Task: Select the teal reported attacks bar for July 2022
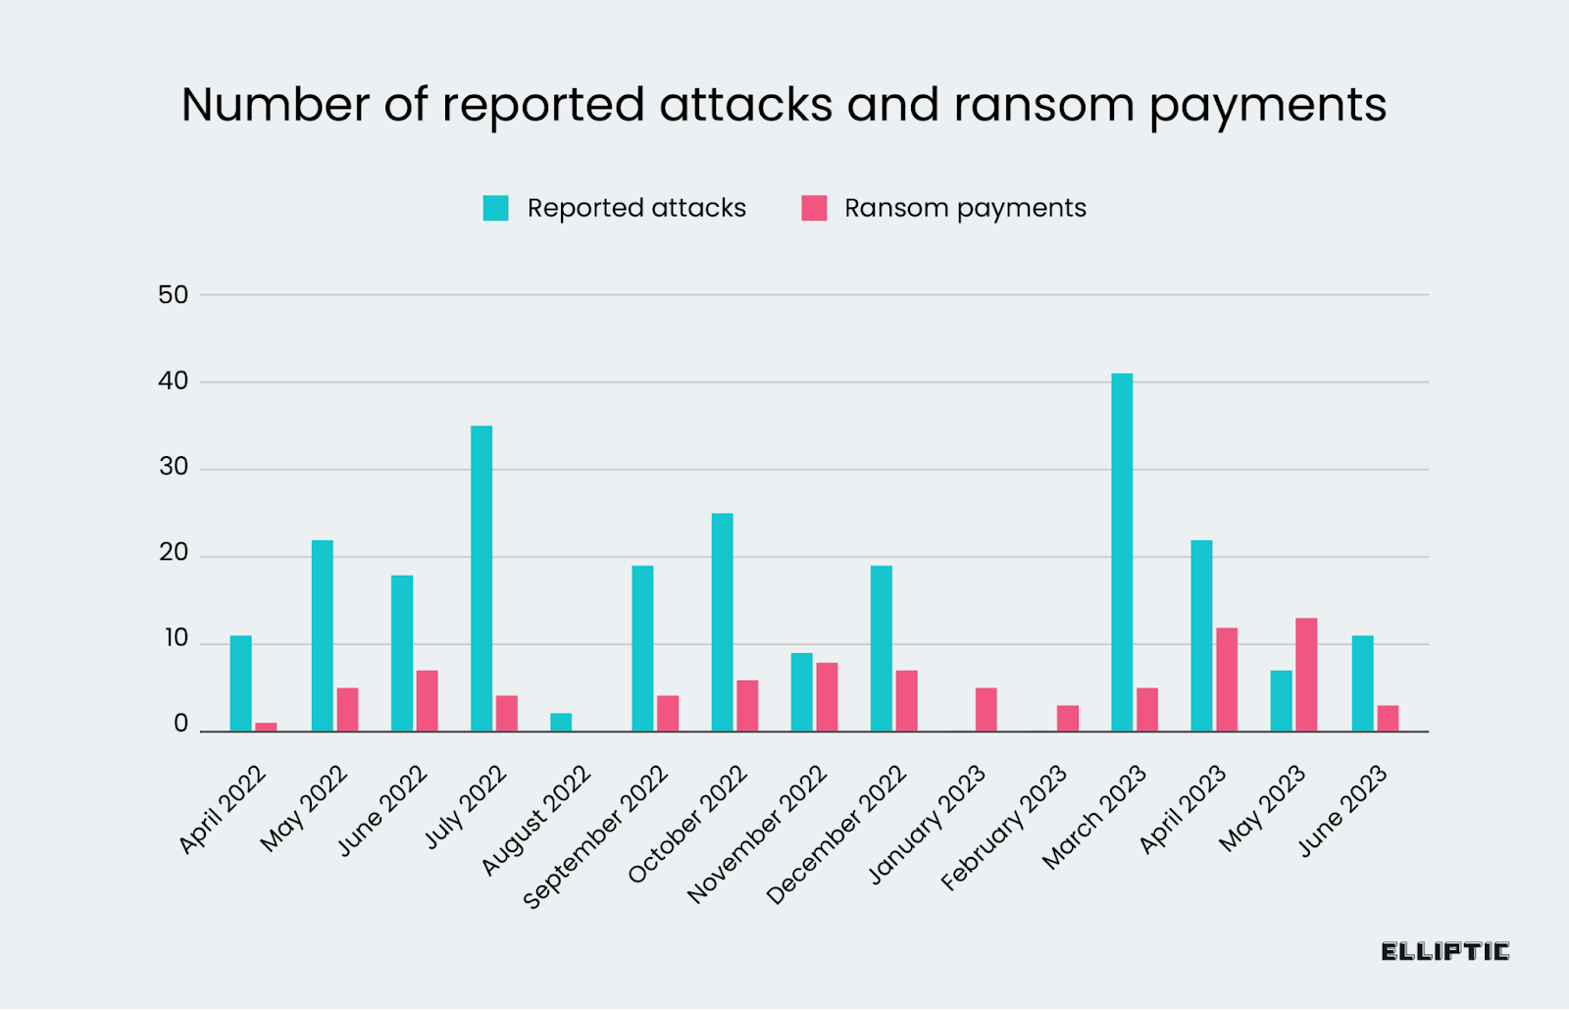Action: pos(481,579)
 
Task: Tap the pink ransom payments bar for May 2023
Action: pos(1306,675)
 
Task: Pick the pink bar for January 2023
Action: pos(987,710)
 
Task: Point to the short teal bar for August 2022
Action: pos(561,723)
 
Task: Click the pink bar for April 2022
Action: pos(266,728)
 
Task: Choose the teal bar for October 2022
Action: pos(722,623)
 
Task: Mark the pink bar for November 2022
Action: pos(827,697)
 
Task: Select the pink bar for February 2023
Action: pos(1068,719)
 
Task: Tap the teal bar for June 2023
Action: pos(1362,683)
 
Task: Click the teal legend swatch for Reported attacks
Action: pos(496,208)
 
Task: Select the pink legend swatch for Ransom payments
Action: pos(814,208)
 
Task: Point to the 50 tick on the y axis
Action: pos(174,295)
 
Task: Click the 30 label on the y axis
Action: pos(174,468)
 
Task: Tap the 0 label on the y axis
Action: pos(180,725)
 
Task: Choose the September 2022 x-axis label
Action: pos(596,836)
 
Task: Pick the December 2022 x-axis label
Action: pos(836,835)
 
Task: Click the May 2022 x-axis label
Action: pos(304,808)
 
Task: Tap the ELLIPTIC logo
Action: pos(1444,951)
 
